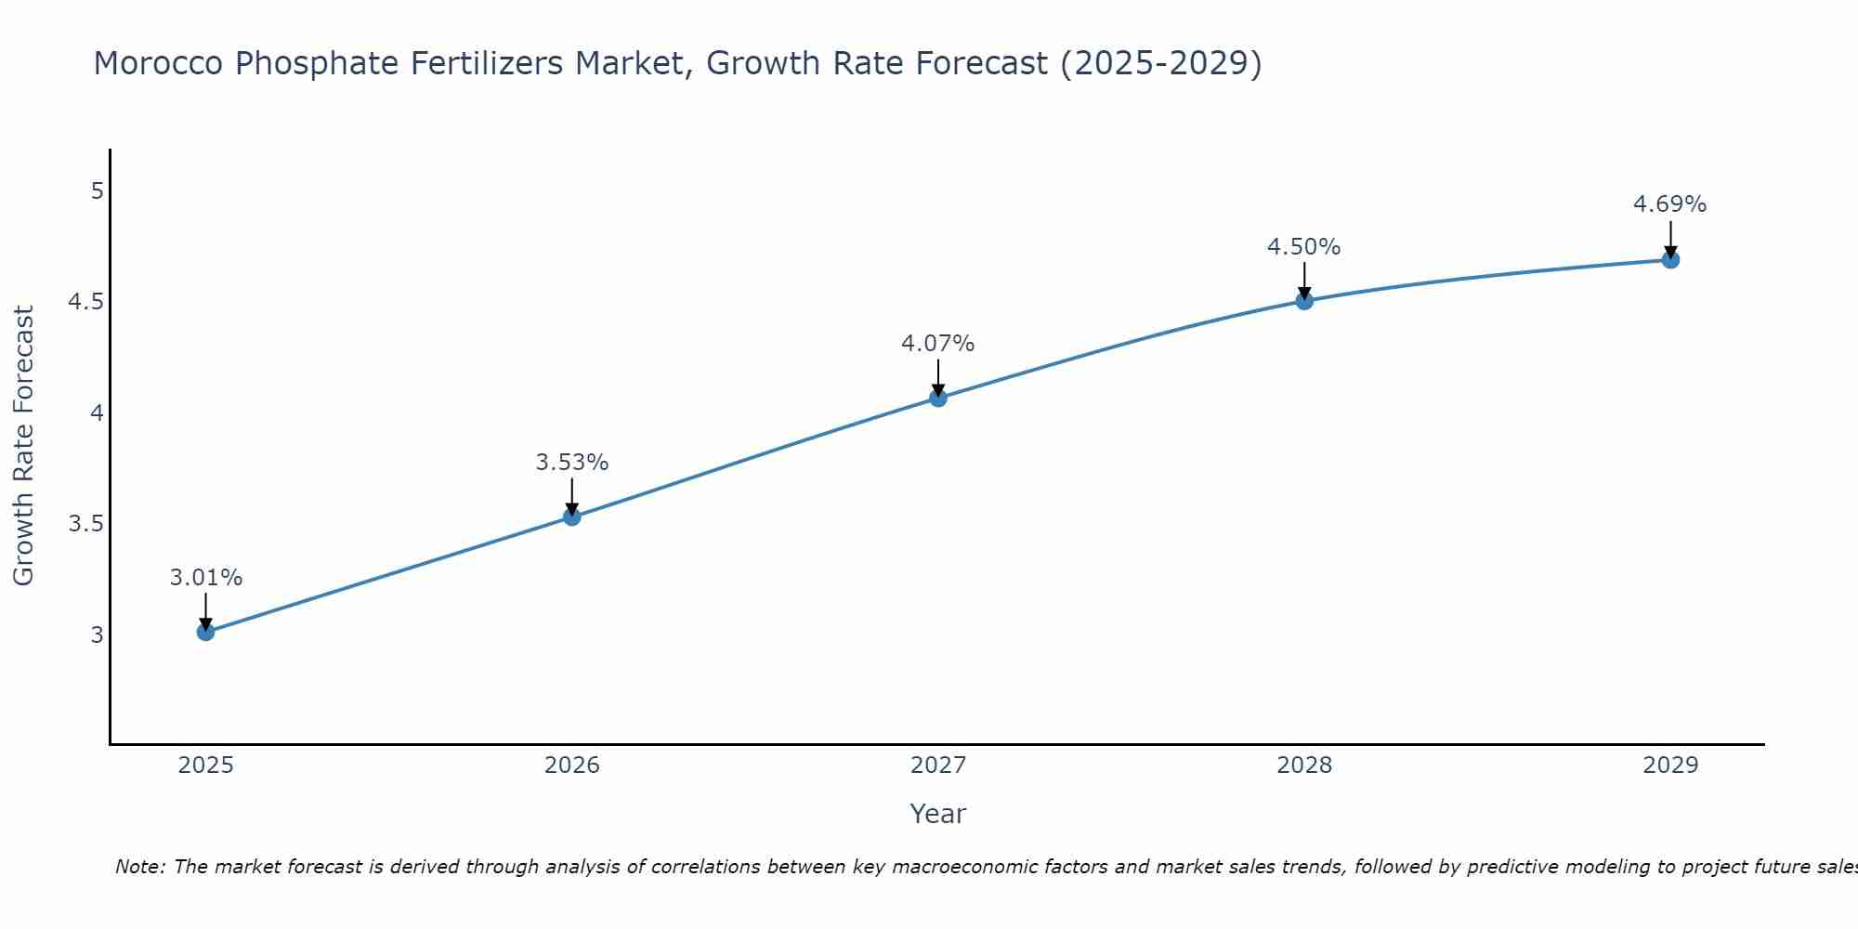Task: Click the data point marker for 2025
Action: pos(205,633)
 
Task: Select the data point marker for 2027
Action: pos(938,399)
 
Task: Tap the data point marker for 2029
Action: pos(1670,260)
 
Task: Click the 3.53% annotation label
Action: pos(572,463)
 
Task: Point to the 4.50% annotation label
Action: pos(1304,247)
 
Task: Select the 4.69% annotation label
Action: pos(1670,204)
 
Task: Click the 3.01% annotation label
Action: pos(205,578)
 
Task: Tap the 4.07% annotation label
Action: pos(938,344)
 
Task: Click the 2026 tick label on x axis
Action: pos(572,765)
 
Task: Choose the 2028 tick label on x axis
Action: pos(1304,765)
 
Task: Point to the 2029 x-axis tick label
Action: pos(1670,765)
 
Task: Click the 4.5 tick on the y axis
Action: pos(85,302)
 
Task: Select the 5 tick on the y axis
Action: pos(97,191)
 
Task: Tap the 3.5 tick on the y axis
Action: pos(85,524)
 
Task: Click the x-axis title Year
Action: pos(938,814)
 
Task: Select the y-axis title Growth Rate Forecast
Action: pos(23,446)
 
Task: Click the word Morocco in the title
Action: pos(159,64)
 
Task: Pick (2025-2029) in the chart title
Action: pos(1160,64)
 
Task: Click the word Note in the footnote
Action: pos(139,867)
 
